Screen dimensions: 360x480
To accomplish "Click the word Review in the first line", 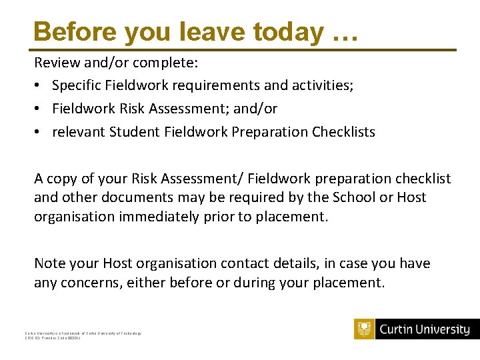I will pos(56,63).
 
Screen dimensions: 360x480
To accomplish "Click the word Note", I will pos(50,263).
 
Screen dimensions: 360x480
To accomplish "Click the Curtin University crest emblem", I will pos(364,329).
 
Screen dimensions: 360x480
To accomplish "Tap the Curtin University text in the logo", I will pos(425,329).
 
